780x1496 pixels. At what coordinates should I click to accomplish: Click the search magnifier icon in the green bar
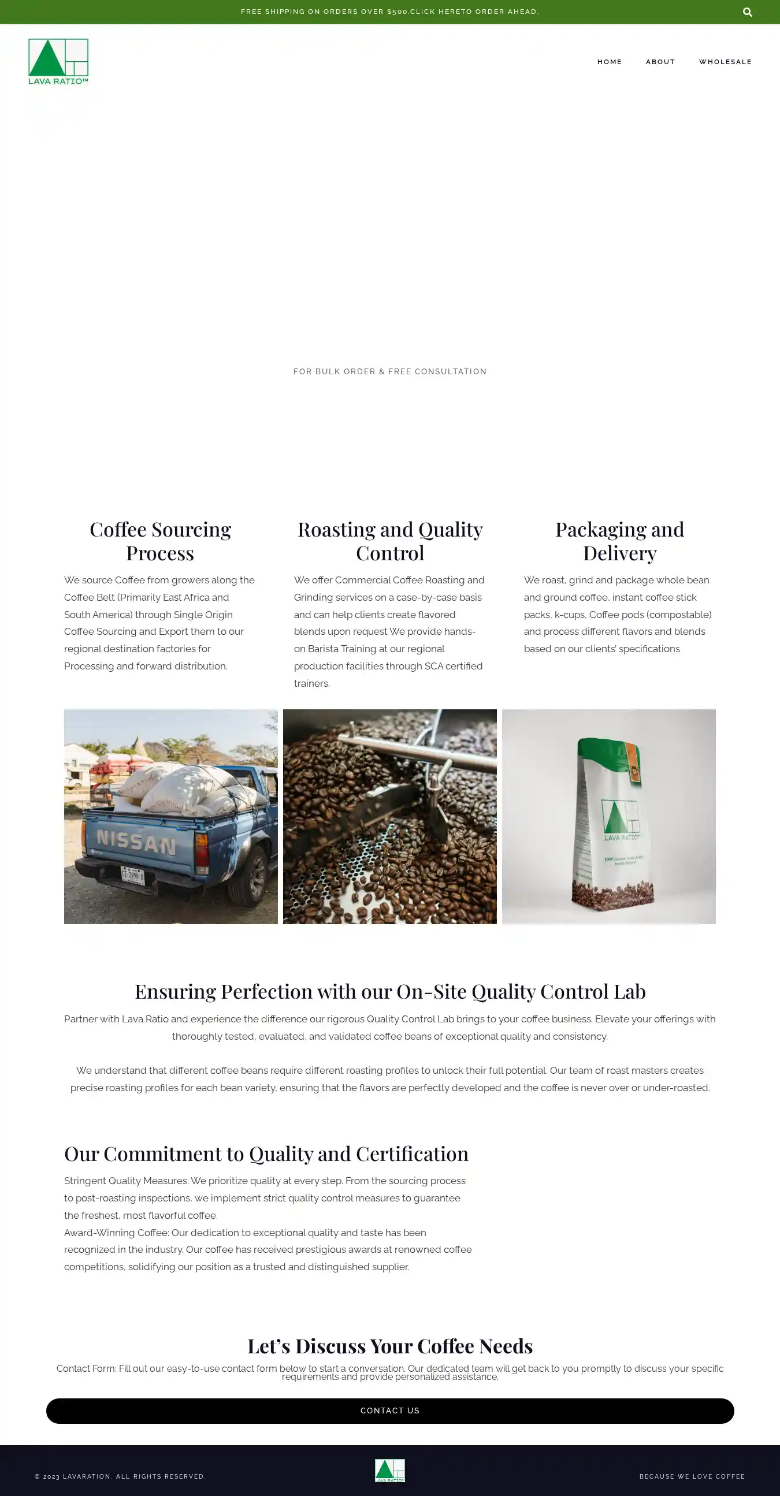tap(748, 12)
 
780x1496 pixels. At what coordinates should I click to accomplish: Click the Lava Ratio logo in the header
tap(58, 62)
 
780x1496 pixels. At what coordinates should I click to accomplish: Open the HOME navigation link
tap(609, 62)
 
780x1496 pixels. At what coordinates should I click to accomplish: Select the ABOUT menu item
tap(660, 62)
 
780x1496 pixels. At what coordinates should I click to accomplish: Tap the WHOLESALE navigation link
tap(725, 62)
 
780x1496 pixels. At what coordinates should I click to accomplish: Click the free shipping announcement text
tap(389, 12)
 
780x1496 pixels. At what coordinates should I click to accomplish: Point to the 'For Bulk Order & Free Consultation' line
tap(389, 371)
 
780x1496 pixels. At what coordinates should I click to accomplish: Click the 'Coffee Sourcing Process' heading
tap(160, 541)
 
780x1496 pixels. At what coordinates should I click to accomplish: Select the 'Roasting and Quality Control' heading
tap(389, 541)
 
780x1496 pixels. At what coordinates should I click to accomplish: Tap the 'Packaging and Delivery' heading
tap(619, 541)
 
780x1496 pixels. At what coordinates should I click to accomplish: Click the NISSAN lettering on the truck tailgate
tap(136, 842)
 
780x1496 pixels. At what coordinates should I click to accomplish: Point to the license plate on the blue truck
tap(132, 874)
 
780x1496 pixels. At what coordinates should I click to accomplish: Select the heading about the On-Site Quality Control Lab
tap(389, 991)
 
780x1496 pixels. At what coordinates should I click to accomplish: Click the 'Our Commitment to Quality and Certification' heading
tap(266, 1153)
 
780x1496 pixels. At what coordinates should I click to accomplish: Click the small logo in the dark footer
tap(389, 1470)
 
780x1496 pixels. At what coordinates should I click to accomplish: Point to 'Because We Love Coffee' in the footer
tap(692, 1476)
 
